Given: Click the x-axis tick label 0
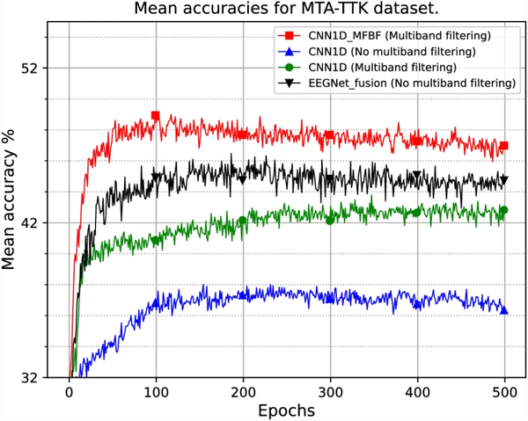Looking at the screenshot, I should pos(69,393).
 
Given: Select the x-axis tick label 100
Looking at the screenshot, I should pos(156,393).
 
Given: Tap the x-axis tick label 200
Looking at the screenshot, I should pos(243,393).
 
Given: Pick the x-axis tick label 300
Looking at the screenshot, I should pos(330,393).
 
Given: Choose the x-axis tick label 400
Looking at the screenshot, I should pos(417,393).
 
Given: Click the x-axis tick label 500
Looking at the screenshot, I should pos(504,393).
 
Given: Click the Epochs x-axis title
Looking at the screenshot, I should pos(286,410).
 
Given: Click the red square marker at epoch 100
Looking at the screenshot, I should pos(156,116).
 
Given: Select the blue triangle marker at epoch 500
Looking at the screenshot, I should pos(504,309).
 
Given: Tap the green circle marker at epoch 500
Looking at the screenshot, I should pos(504,210).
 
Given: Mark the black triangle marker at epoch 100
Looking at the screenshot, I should pos(156,178).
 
